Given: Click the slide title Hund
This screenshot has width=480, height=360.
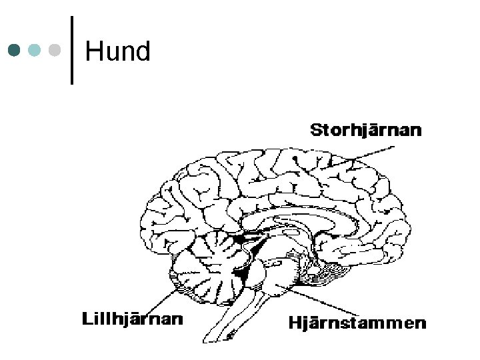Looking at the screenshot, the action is (x=118, y=51).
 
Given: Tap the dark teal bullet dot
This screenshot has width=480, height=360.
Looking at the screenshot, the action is (x=15, y=50).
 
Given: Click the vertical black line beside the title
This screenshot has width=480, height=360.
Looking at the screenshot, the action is (x=71, y=50).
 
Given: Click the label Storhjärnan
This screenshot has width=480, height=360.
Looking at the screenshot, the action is (x=366, y=130).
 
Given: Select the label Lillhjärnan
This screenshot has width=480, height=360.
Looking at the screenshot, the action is (x=132, y=319).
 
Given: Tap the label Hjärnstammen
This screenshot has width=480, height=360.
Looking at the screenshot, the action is (x=357, y=324).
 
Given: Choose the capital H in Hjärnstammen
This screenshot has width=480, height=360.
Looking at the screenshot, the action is (x=294, y=324).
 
